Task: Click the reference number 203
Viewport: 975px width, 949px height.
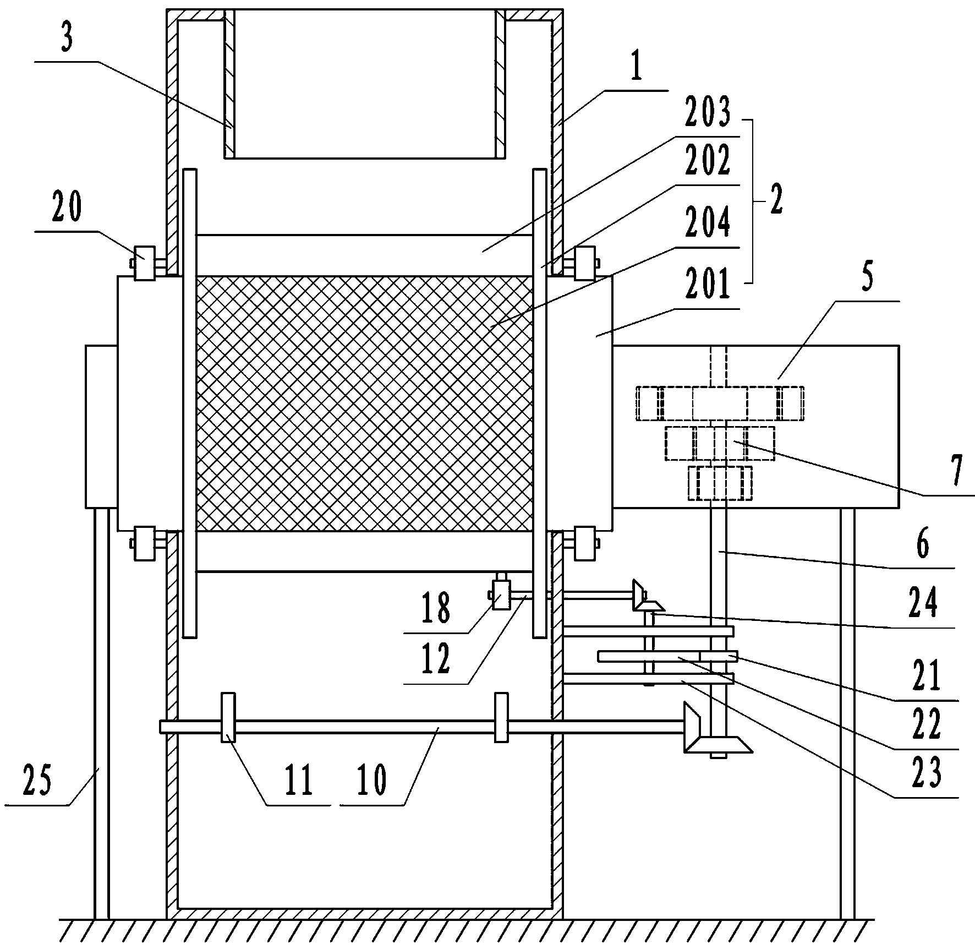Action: click(708, 112)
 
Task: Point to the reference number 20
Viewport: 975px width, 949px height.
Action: click(67, 207)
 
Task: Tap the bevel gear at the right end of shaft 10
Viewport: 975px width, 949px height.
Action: click(692, 727)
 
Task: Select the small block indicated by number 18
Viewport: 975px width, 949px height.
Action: click(501, 596)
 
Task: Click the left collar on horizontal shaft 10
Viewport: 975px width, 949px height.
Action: click(228, 717)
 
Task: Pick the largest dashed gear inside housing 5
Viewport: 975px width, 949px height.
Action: click(720, 403)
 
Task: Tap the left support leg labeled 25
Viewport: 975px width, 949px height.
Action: click(101, 716)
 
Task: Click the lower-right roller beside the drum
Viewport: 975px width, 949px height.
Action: click(585, 543)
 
